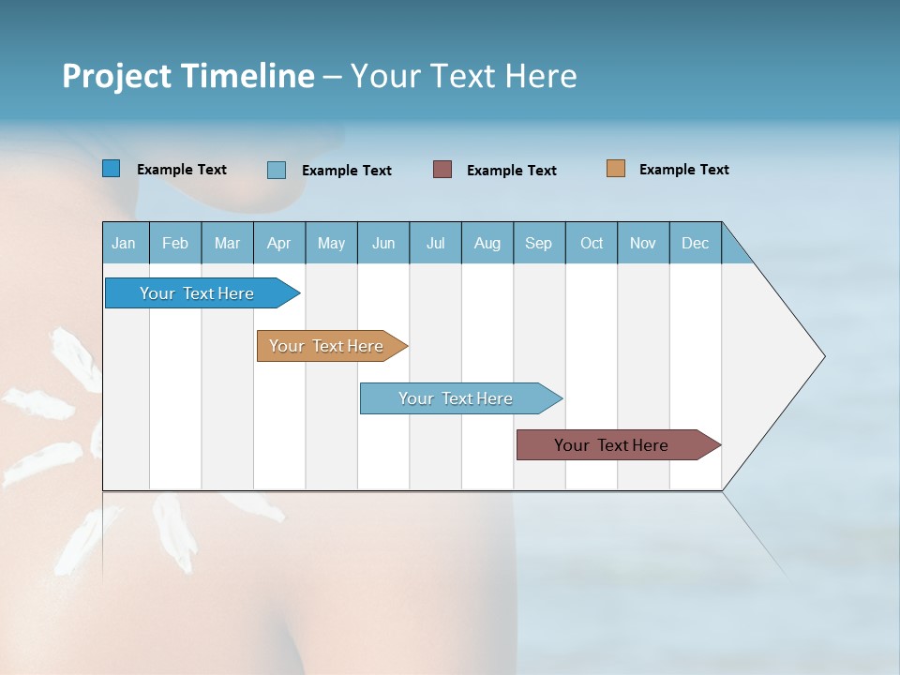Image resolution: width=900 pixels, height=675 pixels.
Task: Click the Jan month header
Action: coord(124,243)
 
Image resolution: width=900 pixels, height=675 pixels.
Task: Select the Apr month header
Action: coord(278,243)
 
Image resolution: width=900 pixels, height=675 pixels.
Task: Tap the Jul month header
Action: coord(435,243)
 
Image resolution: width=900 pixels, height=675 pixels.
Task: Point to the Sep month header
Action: coord(538,243)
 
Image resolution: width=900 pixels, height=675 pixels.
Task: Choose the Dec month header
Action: coord(695,243)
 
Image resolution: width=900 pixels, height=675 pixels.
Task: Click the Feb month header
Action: coord(175,243)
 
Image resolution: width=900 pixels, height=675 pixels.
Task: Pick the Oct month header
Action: coord(592,243)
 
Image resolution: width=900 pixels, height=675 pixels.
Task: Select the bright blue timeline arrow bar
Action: coord(197,293)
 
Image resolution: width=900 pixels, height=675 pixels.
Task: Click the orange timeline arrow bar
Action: coord(326,346)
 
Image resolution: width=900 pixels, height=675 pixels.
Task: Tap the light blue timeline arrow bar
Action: coord(456,398)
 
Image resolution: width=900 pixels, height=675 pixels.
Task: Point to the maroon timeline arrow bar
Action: coord(611,445)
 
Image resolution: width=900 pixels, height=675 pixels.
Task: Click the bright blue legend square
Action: coord(112,169)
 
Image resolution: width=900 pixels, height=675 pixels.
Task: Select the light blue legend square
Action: coord(277,170)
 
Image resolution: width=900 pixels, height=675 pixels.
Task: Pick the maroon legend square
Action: coord(442,169)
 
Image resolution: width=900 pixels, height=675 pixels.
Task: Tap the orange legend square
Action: coord(616,169)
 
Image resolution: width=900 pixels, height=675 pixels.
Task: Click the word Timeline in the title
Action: coord(247,75)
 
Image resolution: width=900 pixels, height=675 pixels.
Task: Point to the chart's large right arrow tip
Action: coord(806,356)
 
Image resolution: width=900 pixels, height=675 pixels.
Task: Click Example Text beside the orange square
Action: coord(683,170)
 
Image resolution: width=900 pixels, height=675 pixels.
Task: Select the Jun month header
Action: coord(383,243)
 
